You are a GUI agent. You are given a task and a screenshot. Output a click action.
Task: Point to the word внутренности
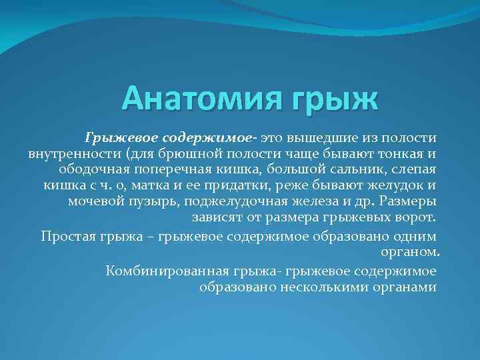point(71,153)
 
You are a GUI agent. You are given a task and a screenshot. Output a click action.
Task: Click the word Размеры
point(410,201)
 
